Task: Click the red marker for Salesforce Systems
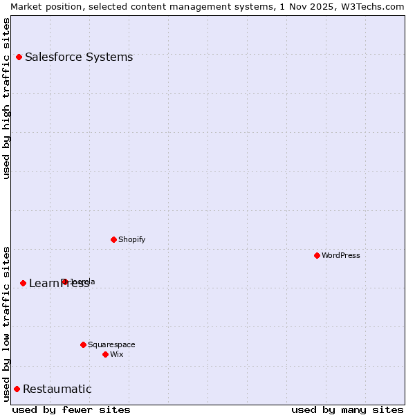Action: click(x=19, y=57)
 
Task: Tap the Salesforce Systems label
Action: click(x=79, y=57)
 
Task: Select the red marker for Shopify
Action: click(x=113, y=239)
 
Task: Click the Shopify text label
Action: click(x=131, y=239)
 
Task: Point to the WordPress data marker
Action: click(x=317, y=255)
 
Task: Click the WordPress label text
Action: click(x=341, y=255)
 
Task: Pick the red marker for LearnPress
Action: click(x=23, y=283)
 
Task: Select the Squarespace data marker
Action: click(x=83, y=344)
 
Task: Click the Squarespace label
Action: click(x=111, y=344)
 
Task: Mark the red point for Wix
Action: click(x=105, y=354)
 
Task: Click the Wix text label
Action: click(x=117, y=354)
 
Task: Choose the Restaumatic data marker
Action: click(x=17, y=389)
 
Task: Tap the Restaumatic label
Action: click(x=57, y=389)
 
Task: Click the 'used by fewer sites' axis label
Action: click(x=71, y=409)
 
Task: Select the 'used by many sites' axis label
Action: click(x=347, y=409)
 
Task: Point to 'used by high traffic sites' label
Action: click(x=6, y=98)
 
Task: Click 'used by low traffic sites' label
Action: click(x=6, y=323)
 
